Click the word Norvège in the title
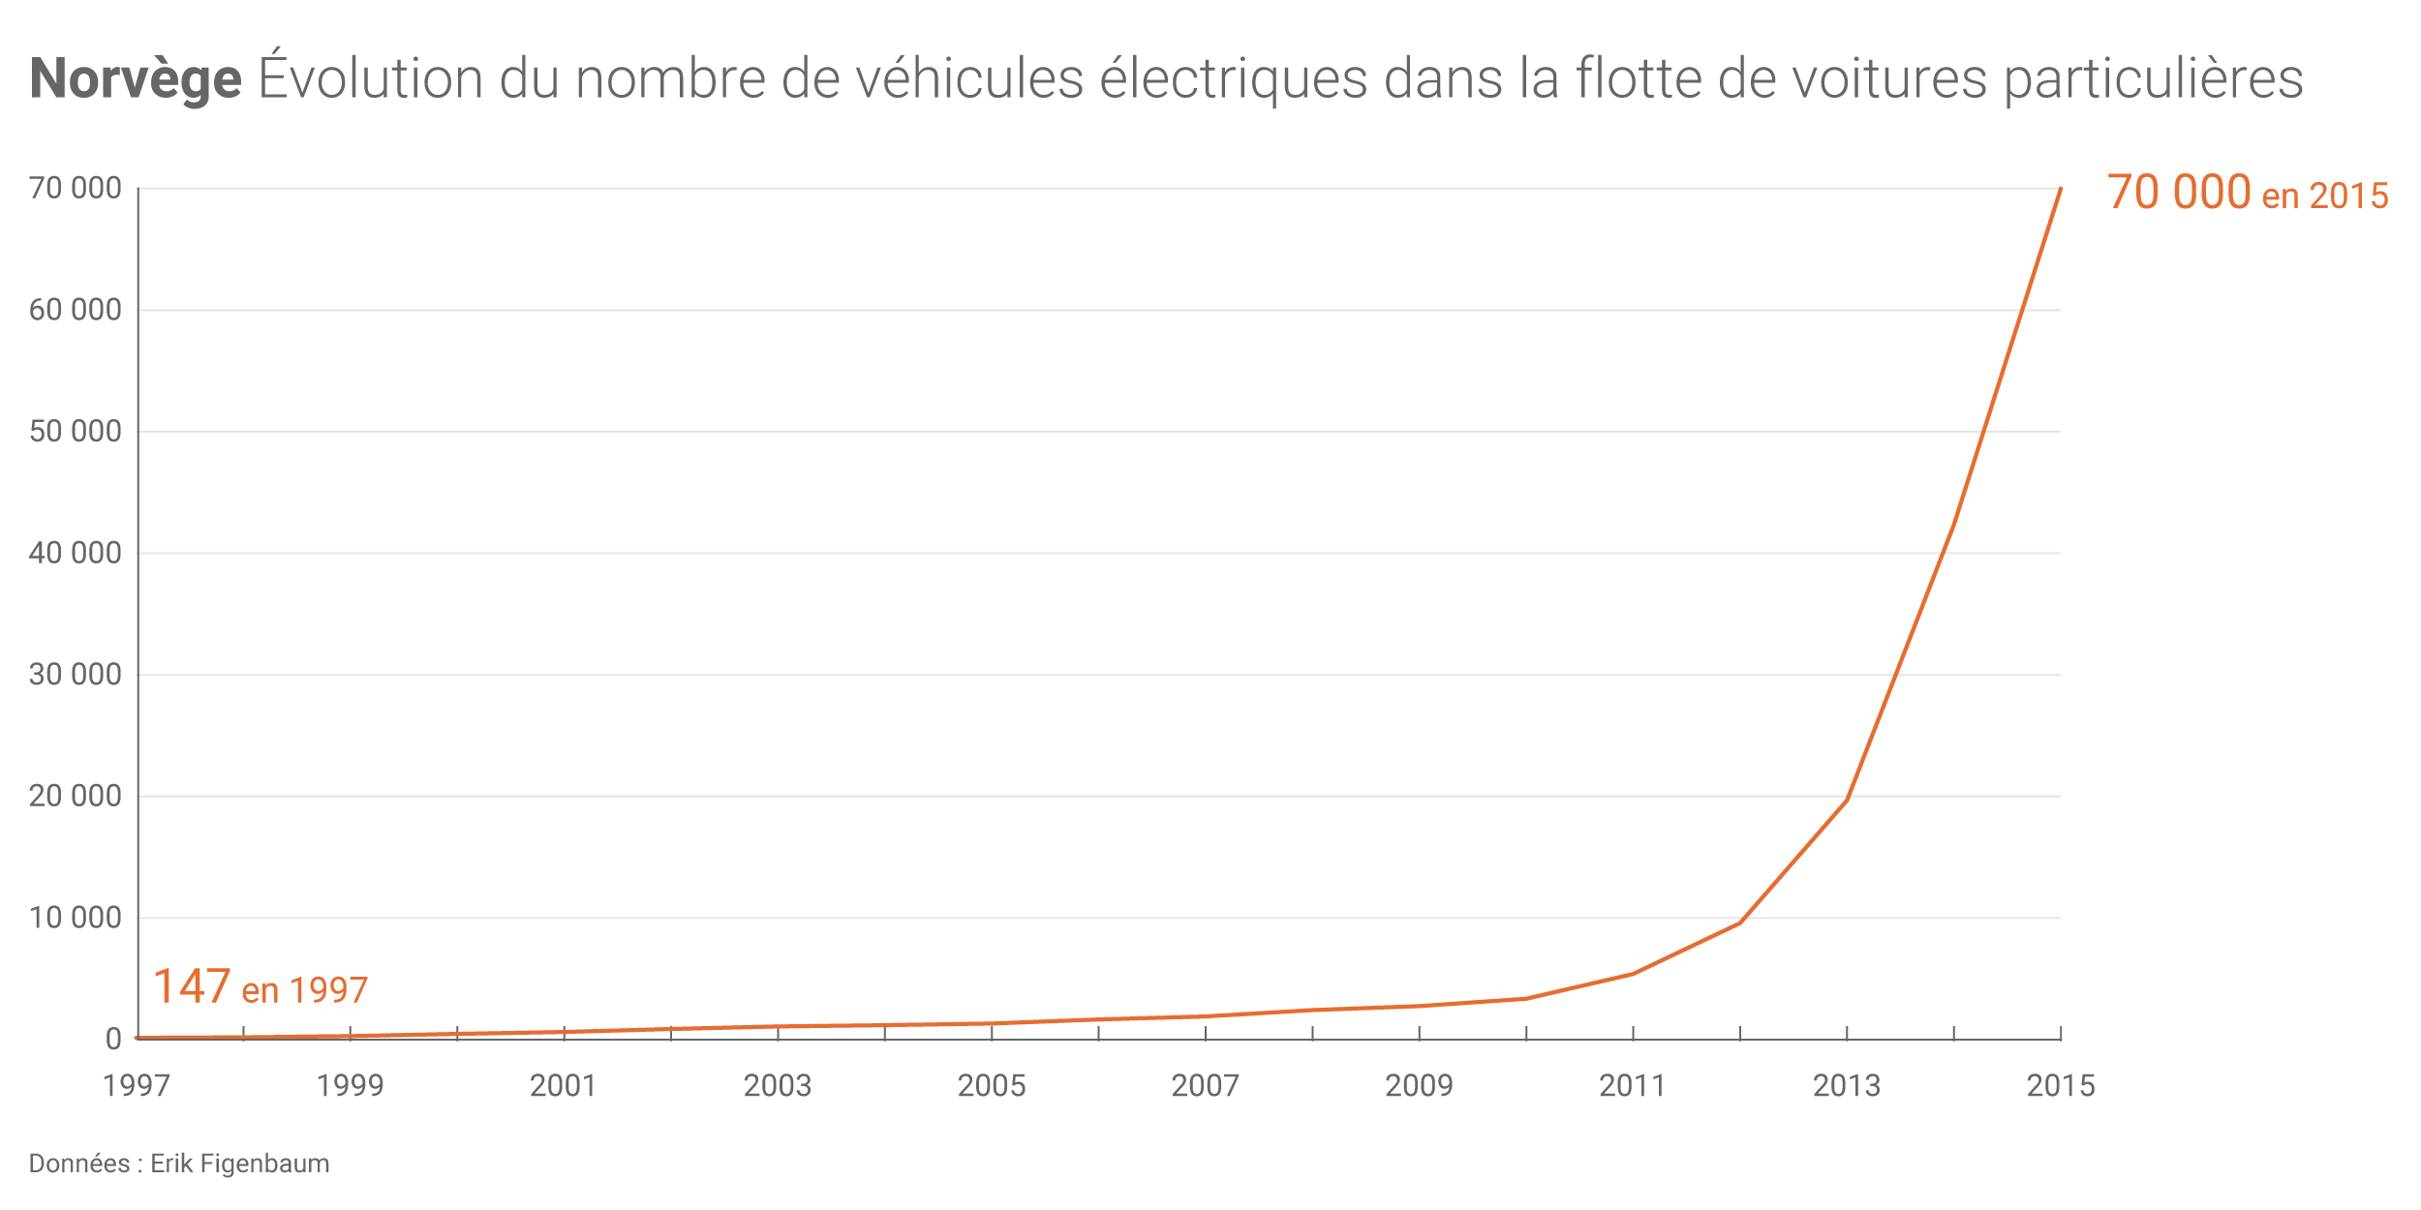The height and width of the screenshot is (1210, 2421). tap(136, 79)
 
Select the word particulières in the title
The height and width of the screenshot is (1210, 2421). tap(2153, 79)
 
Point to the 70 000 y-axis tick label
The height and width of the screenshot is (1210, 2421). tap(76, 189)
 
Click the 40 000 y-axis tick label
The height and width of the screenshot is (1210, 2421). tap(76, 554)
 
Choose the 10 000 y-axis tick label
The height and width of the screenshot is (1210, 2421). tap(76, 918)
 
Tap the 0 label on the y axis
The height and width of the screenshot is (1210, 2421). tap(113, 1040)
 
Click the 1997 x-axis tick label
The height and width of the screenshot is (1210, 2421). tap(137, 1086)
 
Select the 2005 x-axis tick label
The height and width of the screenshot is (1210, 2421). tap(992, 1086)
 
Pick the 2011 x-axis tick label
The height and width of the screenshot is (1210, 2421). tap(1633, 1086)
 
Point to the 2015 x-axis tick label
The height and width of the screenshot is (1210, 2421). tap(2061, 1086)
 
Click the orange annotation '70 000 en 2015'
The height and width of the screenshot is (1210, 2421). tap(2247, 194)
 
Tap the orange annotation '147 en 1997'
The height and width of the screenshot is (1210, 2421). tap(260, 987)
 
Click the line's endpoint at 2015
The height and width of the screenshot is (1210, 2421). tap(2060, 189)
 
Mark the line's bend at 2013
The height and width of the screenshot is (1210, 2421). tap(1847, 800)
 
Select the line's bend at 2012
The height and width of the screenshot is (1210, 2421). tap(1740, 923)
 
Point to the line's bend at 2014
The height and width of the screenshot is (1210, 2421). tap(1953, 526)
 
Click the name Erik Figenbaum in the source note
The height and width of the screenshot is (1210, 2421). tap(240, 1164)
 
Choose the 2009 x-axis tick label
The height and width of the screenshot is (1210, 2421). tap(1419, 1086)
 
